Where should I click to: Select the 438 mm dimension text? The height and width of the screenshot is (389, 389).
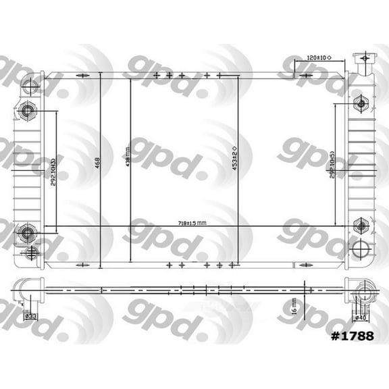126,163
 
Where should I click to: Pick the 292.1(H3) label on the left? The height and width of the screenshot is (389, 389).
52,171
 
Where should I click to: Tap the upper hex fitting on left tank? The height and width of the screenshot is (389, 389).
28,110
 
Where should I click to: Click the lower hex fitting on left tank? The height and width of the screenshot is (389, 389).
28,233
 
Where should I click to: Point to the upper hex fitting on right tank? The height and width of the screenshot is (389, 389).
359,103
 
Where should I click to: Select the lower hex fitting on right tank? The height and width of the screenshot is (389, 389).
360,226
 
